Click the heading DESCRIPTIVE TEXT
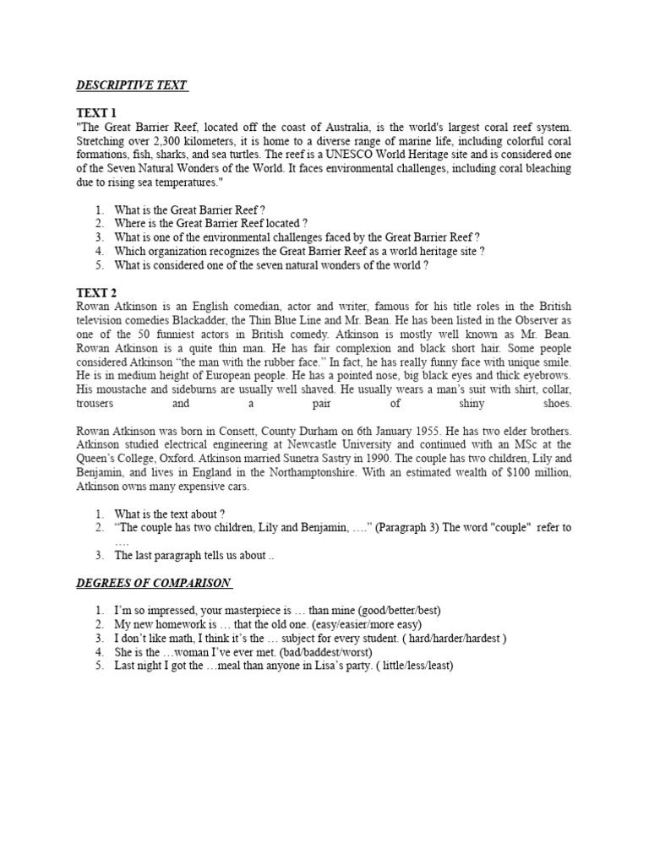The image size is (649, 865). (132, 85)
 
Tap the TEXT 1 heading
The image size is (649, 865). (97, 112)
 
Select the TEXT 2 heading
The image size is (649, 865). (97, 293)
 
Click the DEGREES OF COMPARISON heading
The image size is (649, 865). (155, 583)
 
